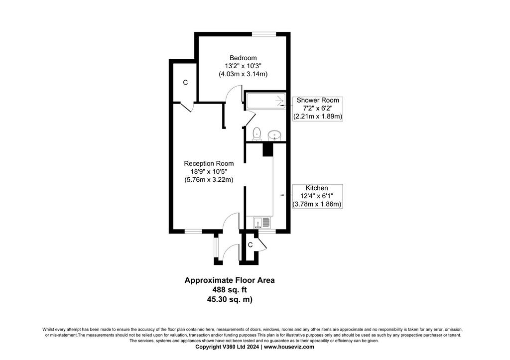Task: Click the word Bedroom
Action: (243, 58)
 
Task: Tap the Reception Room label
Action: (209, 163)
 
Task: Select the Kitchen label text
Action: (317, 188)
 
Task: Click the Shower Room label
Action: (318, 100)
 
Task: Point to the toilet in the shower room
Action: (256, 134)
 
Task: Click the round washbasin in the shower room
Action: (275, 135)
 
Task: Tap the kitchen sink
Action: (262, 223)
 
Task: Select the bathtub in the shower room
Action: (265, 101)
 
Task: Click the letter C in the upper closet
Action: (185, 83)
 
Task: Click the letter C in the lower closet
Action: (250, 245)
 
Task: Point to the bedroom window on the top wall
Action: (264, 33)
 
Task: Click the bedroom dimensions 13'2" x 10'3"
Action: (243, 66)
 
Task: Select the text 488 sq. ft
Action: (230, 289)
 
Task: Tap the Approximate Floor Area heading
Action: (230, 280)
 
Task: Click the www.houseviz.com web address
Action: (289, 347)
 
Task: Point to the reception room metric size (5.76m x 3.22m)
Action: (209, 180)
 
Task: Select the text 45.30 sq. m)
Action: (230, 299)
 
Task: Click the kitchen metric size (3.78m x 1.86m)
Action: (317, 204)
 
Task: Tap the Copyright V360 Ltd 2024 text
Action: (227, 347)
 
